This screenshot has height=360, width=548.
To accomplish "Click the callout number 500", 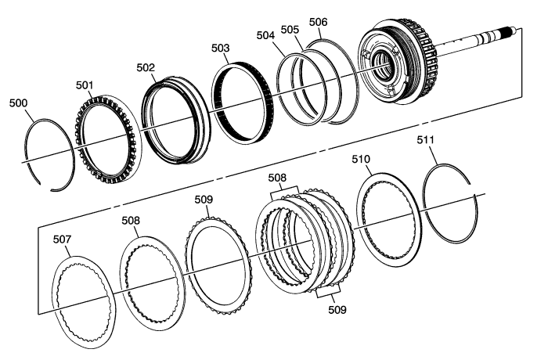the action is [x=18, y=103].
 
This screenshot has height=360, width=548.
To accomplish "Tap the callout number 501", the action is [x=85, y=85].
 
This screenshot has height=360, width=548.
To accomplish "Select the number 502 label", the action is [x=146, y=68].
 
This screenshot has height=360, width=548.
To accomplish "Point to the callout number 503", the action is [x=220, y=49].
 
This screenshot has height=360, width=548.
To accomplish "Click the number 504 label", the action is [x=265, y=36].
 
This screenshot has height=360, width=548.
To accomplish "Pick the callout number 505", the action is [x=290, y=30].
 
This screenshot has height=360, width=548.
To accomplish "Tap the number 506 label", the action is [x=319, y=23].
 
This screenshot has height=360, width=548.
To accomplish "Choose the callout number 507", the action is [x=62, y=239].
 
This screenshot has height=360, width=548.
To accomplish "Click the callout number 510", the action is [x=361, y=160].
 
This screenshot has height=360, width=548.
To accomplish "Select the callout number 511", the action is [x=425, y=140].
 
